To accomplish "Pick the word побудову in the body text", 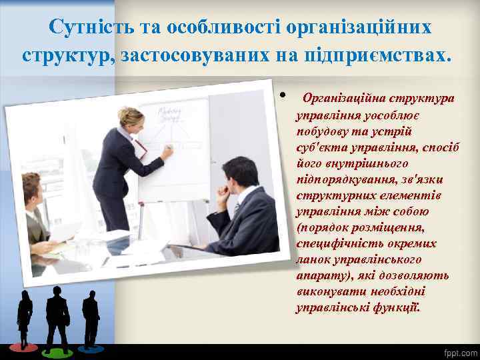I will click(x=323, y=131).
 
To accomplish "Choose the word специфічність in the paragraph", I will click(x=333, y=243).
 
